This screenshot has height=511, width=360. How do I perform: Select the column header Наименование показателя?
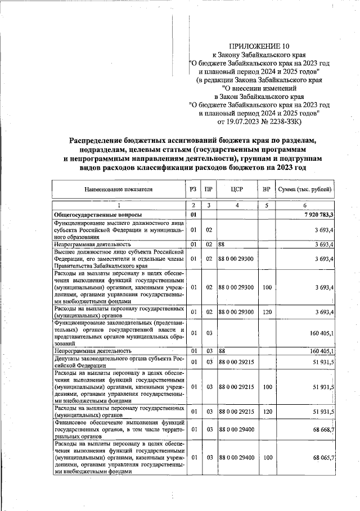point(119,189)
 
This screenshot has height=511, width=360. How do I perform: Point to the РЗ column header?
point(193,189)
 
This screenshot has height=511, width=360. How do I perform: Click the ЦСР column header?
point(237,189)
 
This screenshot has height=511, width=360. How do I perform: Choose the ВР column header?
point(267,189)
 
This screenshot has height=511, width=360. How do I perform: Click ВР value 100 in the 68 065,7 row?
point(267,458)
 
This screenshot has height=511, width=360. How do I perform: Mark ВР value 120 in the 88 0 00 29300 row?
point(267,311)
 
